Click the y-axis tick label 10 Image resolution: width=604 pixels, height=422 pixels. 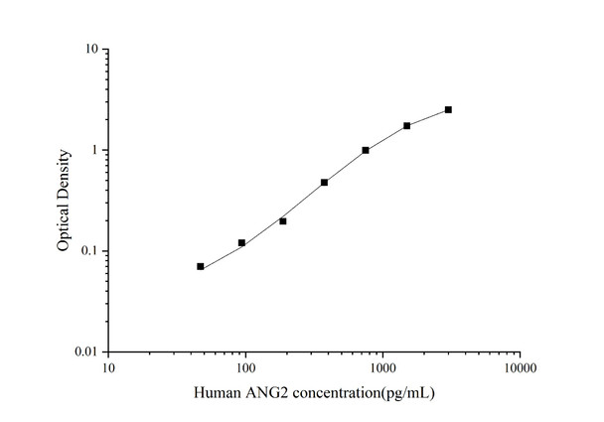coord(90,49)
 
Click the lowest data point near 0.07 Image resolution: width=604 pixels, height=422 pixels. coord(201,266)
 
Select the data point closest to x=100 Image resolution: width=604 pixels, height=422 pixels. coord(241,242)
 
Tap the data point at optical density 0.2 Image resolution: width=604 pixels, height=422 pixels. coord(283,220)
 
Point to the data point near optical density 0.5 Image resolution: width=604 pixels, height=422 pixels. coord(324,182)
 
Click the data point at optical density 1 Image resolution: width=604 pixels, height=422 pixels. coord(366,150)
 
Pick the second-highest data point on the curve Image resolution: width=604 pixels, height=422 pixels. coord(406,125)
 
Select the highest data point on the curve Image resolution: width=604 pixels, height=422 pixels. coord(448,109)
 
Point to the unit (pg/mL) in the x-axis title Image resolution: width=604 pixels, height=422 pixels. coord(409,393)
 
